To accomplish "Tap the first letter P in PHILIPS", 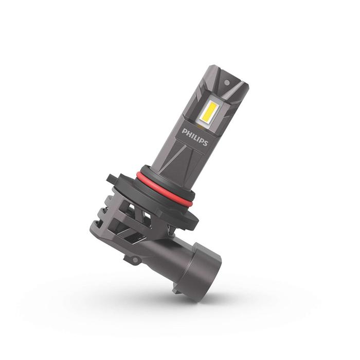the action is (184, 132).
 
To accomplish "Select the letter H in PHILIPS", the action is (189, 134).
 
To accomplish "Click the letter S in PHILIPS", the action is (205, 142).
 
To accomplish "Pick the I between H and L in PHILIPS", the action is (192, 135).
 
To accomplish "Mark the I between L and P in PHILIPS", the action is (197, 138).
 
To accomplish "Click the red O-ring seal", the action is (165, 188).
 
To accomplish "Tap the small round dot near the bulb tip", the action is (227, 82).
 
